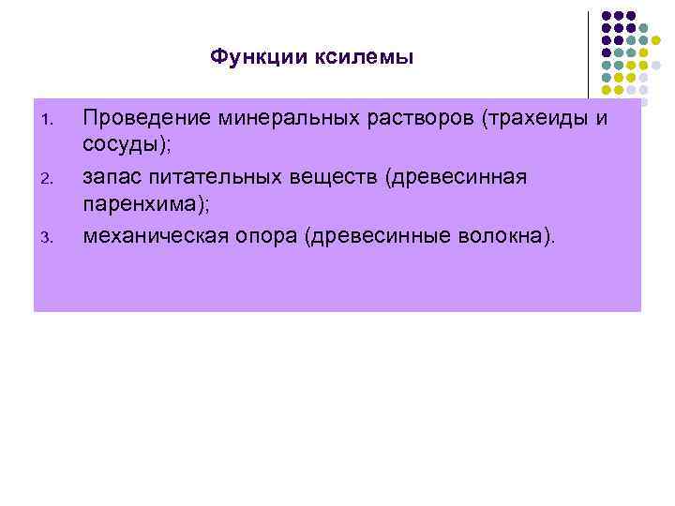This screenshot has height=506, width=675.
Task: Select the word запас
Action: coord(111,177)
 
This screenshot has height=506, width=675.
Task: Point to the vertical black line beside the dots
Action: coord(589,56)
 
